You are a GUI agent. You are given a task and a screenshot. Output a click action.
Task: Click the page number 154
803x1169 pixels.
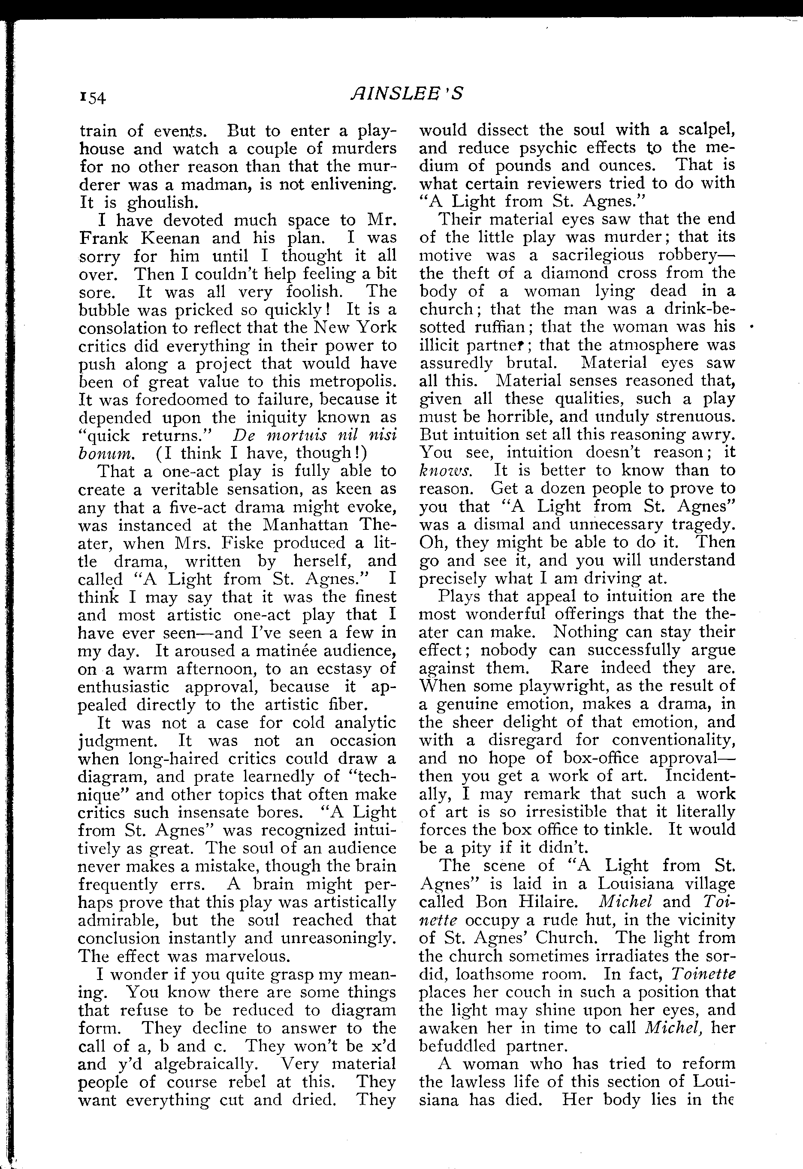coord(93,96)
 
